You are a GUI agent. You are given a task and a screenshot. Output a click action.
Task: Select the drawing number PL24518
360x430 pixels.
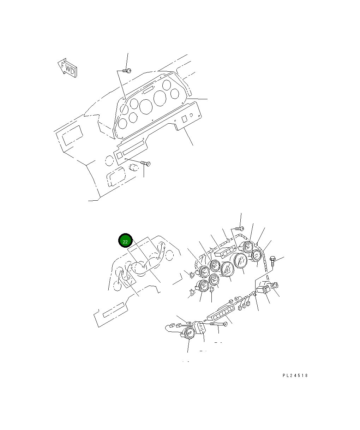coord(295,376)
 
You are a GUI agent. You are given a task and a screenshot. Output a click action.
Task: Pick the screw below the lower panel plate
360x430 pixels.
coord(146,163)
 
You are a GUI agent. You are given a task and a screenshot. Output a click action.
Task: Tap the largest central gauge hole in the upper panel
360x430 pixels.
coord(146,106)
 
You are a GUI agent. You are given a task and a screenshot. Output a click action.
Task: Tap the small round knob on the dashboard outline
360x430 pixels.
coord(133,167)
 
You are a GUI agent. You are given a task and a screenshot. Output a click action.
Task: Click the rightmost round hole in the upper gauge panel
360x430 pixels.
coord(175,94)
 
